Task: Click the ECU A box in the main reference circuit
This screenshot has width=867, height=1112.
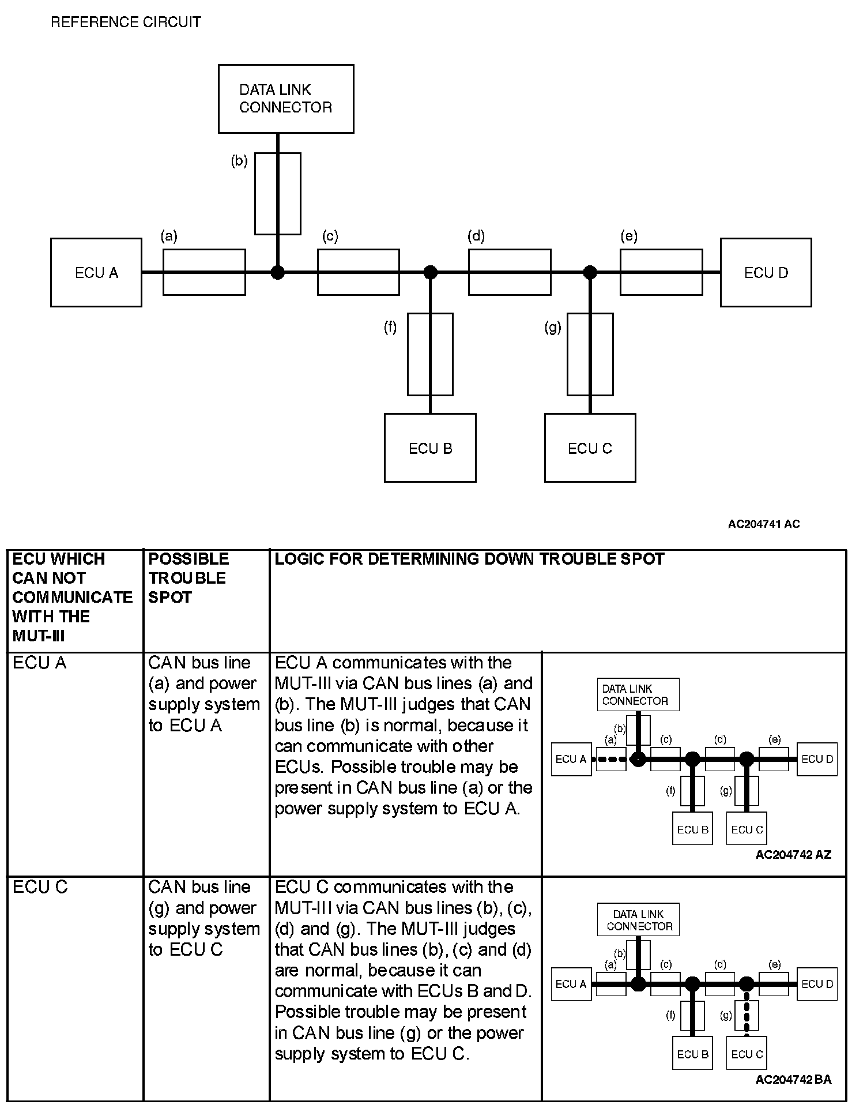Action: [x=96, y=272]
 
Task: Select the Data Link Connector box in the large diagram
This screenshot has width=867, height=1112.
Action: [x=286, y=99]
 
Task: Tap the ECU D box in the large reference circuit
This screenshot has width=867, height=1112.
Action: [x=766, y=272]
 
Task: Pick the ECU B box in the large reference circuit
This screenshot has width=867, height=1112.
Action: [x=430, y=448]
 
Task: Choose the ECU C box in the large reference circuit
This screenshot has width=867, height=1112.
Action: [x=590, y=448]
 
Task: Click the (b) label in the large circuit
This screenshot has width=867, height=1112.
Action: [x=239, y=161]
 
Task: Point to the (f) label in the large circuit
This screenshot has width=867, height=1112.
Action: [x=390, y=328]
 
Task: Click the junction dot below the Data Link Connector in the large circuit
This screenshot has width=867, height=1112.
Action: [x=278, y=272]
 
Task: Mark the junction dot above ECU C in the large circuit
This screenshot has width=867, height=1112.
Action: [x=590, y=272]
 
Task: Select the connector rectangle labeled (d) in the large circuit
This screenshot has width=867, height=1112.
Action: [x=510, y=272]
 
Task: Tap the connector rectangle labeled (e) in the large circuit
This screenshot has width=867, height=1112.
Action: [x=661, y=272]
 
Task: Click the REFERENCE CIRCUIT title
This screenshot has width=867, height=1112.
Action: [x=126, y=22]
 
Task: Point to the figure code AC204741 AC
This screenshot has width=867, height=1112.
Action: [x=763, y=524]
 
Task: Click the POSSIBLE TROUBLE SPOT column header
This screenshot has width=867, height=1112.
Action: [x=189, y=577]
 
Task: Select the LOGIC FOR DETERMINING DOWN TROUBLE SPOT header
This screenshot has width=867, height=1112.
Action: [x=469, y=559]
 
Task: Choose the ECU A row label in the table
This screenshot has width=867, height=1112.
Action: [x=40, y=663]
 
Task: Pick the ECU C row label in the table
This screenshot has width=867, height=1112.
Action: [x=40, y=887]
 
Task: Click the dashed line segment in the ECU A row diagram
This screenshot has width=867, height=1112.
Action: [x=611, y=759]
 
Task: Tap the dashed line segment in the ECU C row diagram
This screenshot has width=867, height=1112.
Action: [x=747, y=1016]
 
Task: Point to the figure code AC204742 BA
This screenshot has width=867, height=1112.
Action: [x=793, y=1079]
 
